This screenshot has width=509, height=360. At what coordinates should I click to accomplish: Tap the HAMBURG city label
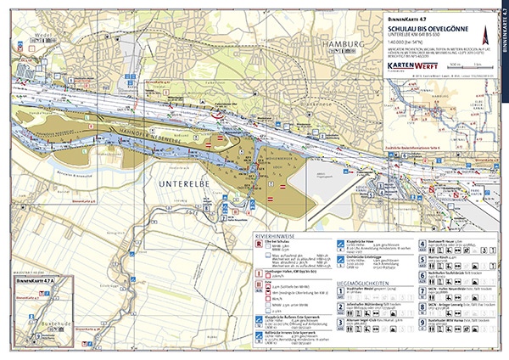[x=347, y=44]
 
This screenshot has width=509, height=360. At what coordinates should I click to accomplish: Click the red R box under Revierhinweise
[x=260, y=244]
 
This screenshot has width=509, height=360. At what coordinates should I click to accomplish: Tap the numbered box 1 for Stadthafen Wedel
[x=341, y=291]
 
